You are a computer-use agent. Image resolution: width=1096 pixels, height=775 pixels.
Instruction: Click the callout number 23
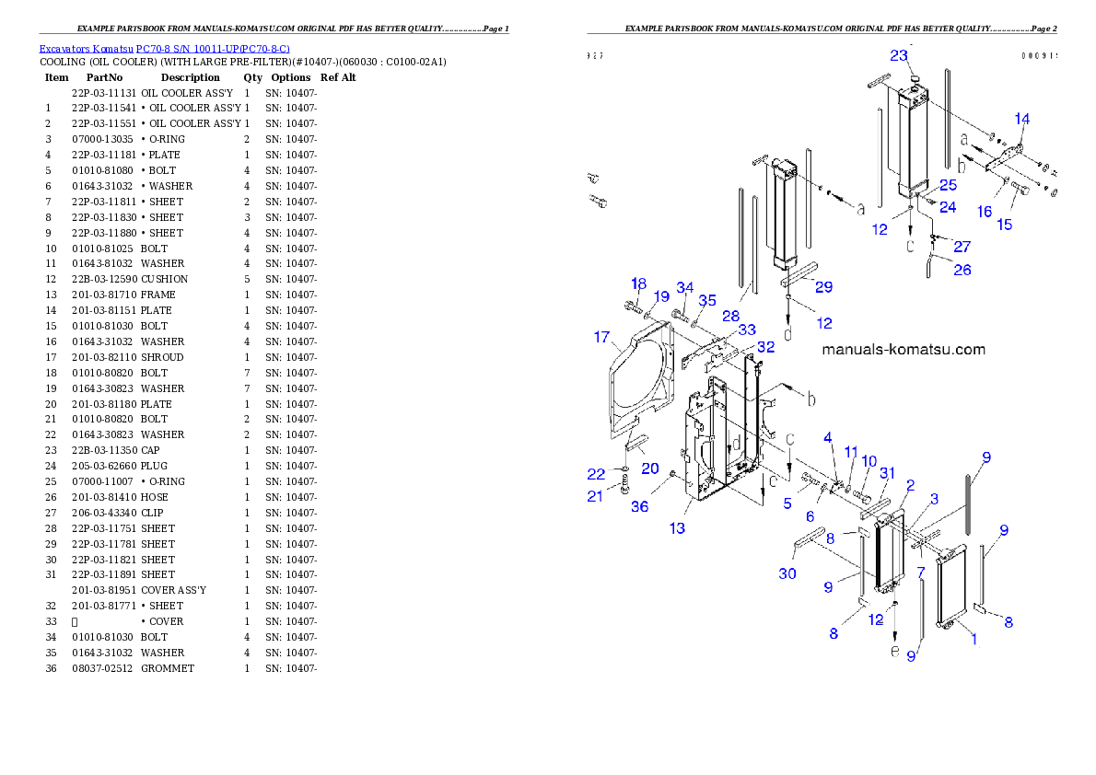[x=899, y=55]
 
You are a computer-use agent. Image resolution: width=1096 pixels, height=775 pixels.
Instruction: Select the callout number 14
[x=1022, y=119]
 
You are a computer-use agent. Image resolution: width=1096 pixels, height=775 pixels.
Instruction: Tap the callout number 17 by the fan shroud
[x=601, y=338]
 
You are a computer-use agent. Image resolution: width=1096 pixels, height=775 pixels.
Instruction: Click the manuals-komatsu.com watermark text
[x=903, y=350]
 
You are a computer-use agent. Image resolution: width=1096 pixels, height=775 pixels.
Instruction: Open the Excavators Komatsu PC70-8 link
[x=164, y=48]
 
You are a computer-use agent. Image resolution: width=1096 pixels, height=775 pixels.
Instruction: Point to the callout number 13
[x=677, y=528]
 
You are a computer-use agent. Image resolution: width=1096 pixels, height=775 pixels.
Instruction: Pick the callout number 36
[x=639, y=506]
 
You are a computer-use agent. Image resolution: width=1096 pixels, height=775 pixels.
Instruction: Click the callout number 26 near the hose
[x=962, y=270]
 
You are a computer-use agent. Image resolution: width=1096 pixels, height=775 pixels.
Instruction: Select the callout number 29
[x=823, y=287]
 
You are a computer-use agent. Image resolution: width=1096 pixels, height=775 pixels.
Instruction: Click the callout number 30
[x=787, y=573]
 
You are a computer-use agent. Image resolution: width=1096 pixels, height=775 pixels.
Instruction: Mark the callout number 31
[x=887, y=473]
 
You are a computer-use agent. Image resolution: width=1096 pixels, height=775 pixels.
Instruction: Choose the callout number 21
[x=596, y=497]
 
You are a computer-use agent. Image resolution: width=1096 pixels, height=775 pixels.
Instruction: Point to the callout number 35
[x=706, y=301]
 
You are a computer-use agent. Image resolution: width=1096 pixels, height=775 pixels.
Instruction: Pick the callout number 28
[x=730, y=316]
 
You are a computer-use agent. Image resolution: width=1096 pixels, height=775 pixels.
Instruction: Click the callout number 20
[x=649, y=468]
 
